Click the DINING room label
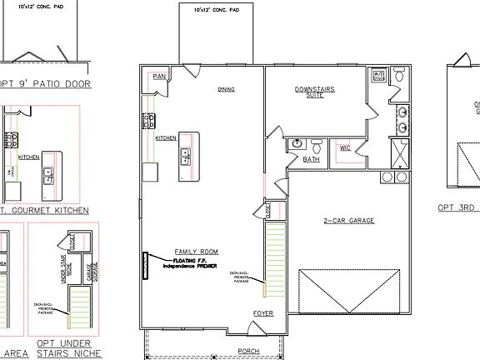(226, 89)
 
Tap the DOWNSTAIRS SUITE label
(314, 92)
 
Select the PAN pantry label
(160, 77)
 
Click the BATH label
(311, 158)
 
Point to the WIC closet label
(344, 148)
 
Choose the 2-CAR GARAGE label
(348, 221)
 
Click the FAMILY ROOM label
(196, 251)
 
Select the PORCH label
(248, 351)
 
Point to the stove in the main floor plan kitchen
(149, 122)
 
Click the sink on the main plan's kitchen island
(186, 154)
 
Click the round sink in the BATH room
(297, 143)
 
